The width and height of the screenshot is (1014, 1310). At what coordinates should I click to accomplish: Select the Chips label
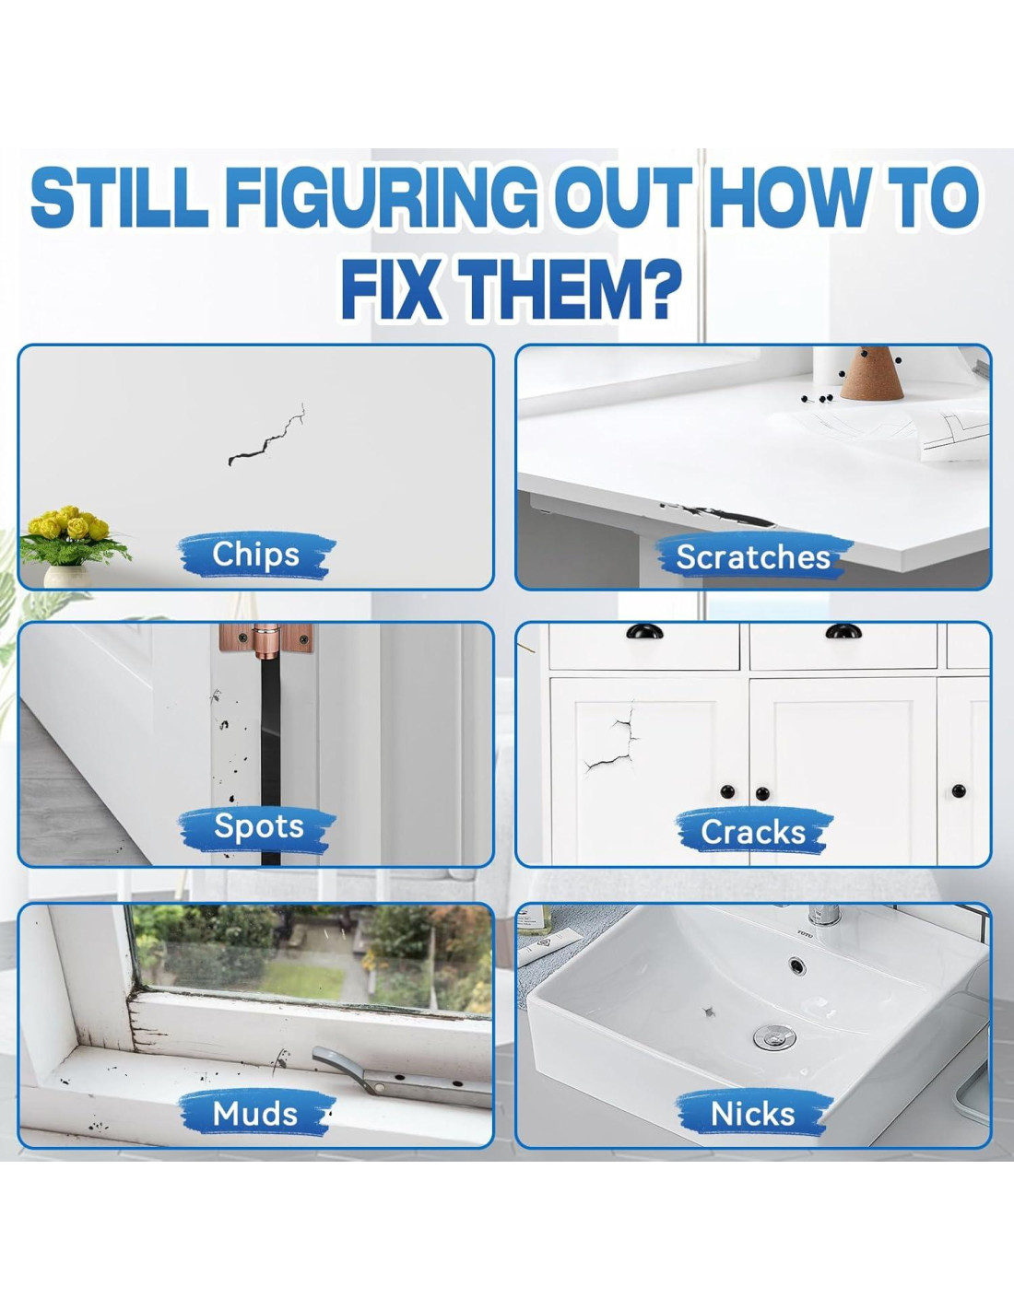(255, 555)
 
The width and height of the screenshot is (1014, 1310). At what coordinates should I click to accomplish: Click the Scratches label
(753, 556)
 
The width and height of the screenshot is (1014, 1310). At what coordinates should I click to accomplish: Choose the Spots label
(258, 826)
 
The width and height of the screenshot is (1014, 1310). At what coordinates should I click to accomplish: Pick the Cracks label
(753, 832)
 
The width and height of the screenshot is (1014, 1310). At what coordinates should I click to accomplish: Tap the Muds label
(255, 1114)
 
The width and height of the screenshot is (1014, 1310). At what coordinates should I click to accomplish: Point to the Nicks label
(753, 1114)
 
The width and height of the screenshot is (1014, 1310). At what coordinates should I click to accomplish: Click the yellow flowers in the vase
(68, 524)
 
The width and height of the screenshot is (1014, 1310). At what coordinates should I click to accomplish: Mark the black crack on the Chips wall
(265, 437)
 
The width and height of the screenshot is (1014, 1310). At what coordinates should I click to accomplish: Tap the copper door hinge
(266, 638)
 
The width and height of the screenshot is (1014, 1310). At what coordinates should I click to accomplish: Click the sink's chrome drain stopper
(774, 1037)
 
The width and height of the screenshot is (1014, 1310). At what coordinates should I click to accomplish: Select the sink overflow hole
(796, 965)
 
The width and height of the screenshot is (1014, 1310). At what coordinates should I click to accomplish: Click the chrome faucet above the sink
(823, 914)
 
